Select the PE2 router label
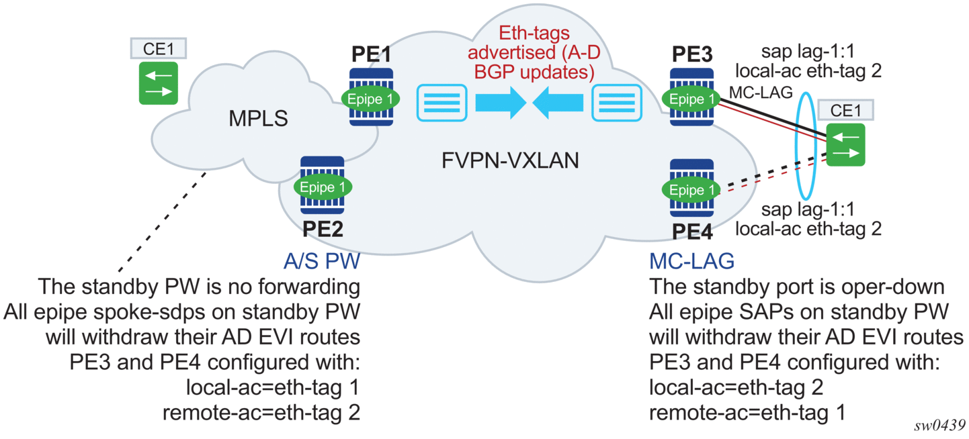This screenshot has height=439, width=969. [323, 229]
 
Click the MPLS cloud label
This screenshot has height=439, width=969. [258, 119]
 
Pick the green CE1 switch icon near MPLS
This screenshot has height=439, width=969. [159, 83]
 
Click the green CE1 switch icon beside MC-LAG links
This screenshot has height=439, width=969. [845, 145]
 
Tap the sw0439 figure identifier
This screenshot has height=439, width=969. [939, 426]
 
